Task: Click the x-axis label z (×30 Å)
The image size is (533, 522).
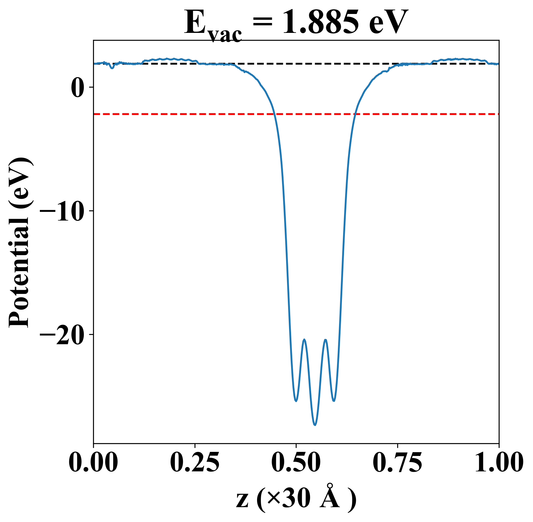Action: coord(296,500)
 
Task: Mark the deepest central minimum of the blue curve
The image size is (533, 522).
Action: coord(315,425)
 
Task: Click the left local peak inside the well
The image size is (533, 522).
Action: coord(304,340)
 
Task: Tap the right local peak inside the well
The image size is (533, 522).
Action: coord(326,340)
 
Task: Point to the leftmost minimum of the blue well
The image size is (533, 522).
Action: coord(296,401)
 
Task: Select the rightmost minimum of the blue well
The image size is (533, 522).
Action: coord(334,401)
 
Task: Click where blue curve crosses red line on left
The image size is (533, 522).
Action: coord(274,114)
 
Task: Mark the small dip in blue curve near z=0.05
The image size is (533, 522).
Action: coord(112,68)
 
